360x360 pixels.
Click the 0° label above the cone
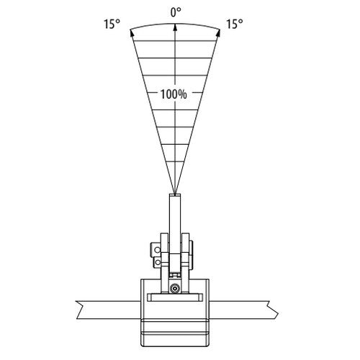[176, 12]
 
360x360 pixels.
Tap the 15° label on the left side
[112, 24]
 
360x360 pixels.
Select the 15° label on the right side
[235, 24]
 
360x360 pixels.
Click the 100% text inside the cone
[174, 94]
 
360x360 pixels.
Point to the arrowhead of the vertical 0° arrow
[176, 27]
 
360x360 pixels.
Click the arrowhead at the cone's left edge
[132, 32]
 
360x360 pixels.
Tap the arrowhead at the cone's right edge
[218, 32]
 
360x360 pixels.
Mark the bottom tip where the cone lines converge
[175, 194]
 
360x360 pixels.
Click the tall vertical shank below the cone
[175, 225]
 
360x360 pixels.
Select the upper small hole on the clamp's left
[158, 250]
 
